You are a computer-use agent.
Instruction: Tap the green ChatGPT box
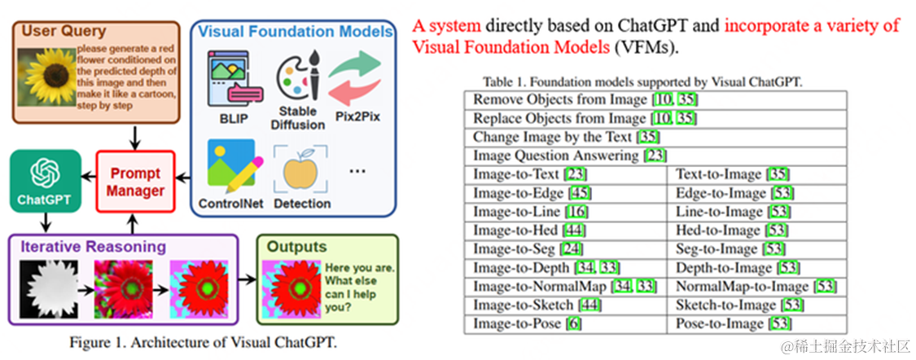pos(45,182)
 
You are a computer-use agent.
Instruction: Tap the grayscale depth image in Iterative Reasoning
pos(52,289)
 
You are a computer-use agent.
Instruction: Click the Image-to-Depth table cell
pos(567,268)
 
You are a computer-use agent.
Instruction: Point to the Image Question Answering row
pos(655,156)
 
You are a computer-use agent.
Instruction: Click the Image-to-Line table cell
pos(567,212)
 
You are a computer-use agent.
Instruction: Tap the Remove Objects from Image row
pos(655,99)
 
